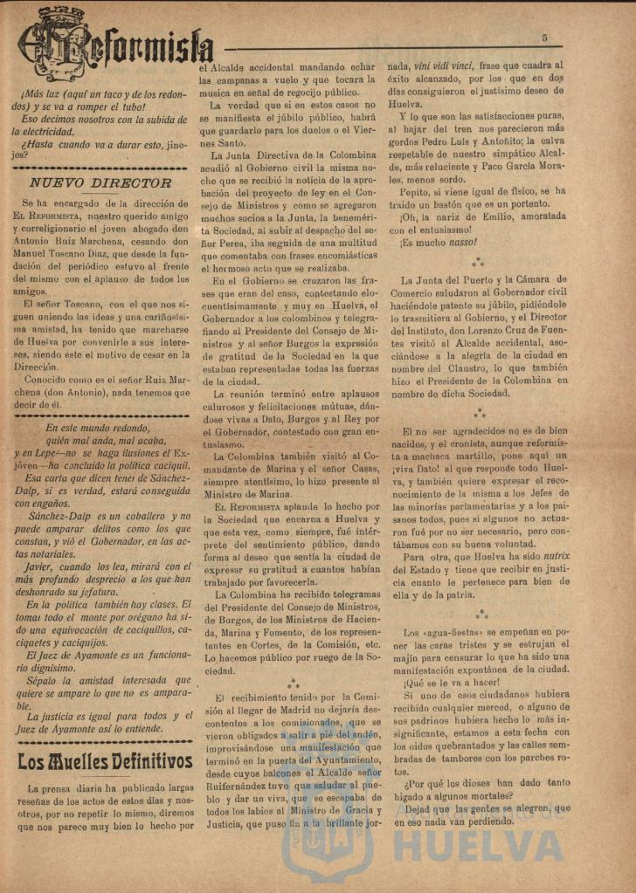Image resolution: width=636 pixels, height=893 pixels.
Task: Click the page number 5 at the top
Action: [x=543, y=38]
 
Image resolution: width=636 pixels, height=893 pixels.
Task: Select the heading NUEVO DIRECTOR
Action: [x=100, y=182]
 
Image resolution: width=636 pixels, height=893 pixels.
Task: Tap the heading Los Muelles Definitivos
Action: [x=105, y=761]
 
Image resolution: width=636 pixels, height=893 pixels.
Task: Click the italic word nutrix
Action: [x=551, y=556]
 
